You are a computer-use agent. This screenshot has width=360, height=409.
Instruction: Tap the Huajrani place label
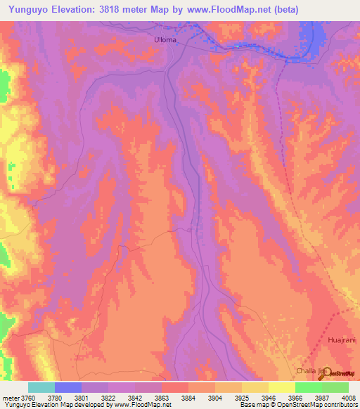point(342,339)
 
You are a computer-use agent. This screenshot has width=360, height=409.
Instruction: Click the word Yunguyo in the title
point(28,10)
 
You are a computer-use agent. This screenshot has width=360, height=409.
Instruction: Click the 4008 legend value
point(348,397)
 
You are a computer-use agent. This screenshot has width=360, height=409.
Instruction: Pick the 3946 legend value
point(269,397)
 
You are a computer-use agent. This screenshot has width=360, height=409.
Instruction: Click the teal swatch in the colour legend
point(41,387)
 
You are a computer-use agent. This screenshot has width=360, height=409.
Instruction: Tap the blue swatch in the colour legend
point(68,387)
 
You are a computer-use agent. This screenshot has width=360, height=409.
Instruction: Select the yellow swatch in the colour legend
point(281,387)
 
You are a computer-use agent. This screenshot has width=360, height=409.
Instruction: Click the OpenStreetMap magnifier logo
point(327,372)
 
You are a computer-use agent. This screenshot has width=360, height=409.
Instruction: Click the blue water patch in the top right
point(307,35)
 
